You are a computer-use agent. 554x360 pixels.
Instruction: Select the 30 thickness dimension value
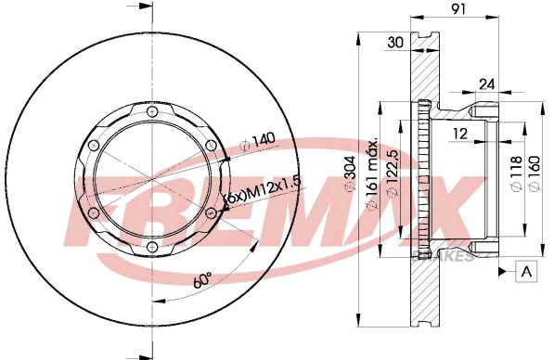[x=394, y=42]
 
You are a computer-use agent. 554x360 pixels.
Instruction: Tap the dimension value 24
[x=485, y=84]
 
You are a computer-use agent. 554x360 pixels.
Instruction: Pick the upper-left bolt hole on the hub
[x=95, y=146]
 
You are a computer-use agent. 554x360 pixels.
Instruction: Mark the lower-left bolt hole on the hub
[x=95, y=213]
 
